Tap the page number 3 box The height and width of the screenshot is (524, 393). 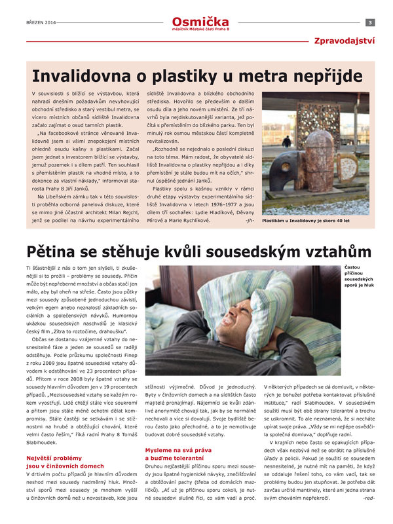click(369, 23)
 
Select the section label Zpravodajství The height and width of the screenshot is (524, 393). click(344, 41)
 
